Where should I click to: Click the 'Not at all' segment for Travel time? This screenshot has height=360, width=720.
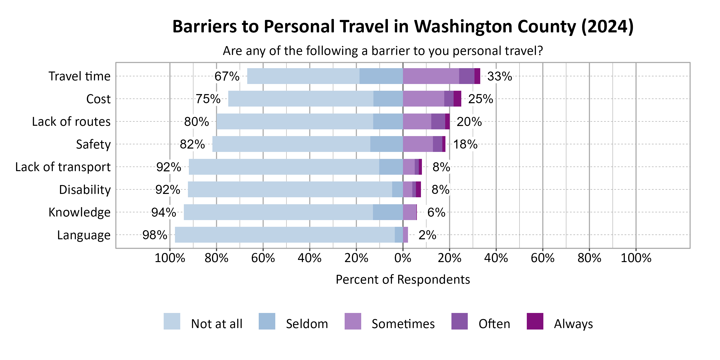[x=303, y=76]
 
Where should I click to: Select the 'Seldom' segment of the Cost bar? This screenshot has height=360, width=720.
[x=388, y=99]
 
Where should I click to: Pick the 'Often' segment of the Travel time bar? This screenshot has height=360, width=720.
[x=467, y=76]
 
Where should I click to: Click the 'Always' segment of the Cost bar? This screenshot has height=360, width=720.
[x=457, y=99]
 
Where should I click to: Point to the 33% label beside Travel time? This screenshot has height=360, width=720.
[x=499, y=76]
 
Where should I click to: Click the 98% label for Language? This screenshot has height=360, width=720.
[x=155, y=235]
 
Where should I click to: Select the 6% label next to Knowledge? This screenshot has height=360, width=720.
[x=436, y=212]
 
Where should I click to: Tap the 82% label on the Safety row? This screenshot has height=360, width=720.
[x=192, y=144]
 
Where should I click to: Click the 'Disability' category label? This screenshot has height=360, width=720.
[x=85, y=190]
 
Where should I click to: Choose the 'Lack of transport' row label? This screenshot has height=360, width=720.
[x=63, y=167]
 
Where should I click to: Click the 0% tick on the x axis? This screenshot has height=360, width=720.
[x=403, y=258]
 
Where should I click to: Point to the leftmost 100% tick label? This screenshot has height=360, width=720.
[x=170, y=258]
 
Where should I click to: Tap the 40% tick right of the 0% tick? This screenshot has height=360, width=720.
[x=496, y=258]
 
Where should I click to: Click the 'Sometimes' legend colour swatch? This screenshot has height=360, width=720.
[x=353, y=321]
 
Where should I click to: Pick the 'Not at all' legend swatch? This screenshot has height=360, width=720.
[x=172, y=321]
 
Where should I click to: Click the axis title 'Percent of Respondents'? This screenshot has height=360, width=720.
[x=402, y=280]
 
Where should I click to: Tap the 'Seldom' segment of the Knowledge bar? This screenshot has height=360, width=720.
[x=388, y=212]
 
